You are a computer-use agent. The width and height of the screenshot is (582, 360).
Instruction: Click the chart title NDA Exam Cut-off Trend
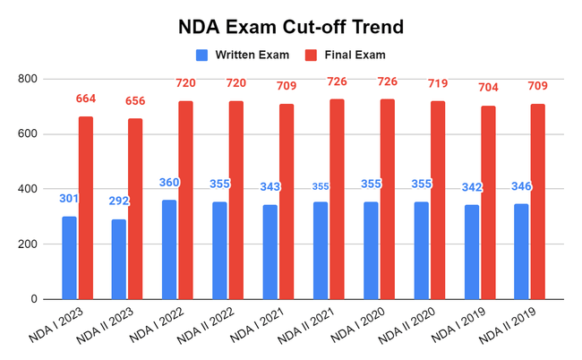click(x=291, y=26)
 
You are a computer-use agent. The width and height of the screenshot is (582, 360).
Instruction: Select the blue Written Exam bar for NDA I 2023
click(x=69, y=258)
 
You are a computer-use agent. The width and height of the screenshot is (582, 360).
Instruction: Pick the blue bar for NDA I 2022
click(x=169, y=250)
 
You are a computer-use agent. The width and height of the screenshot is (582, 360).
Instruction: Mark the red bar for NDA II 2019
click(x=537, y=201)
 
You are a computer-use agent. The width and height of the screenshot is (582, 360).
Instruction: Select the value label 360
click(x=169, y=183)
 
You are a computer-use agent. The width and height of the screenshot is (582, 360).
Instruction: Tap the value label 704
click(x=488, y=88)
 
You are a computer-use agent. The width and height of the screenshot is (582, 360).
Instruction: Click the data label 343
click(x=270, y=187)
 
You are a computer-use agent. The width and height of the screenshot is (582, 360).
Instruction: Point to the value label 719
click(x=438, y=83)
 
